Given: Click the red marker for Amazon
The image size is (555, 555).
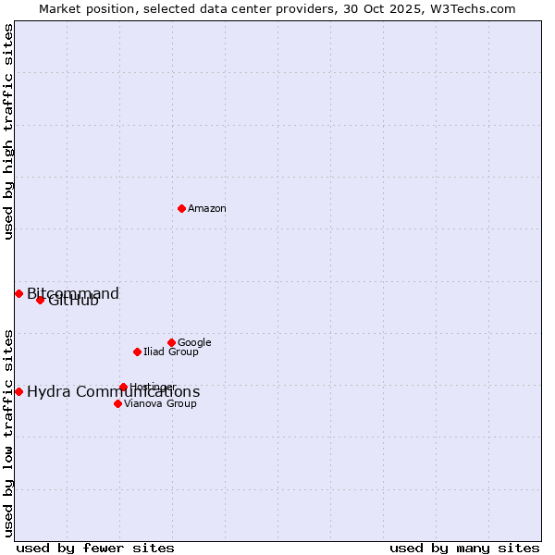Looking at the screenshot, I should coord(181,208).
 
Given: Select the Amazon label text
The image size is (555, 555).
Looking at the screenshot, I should coord(207,209).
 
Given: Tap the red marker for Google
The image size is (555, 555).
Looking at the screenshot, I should coord(171,342).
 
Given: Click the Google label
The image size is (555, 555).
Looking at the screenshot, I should coord(194,343).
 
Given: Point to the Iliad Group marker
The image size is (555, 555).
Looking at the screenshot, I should coord(137,351).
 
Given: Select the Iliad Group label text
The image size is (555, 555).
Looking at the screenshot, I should coord(171,352).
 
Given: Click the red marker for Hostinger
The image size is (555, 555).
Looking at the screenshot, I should coord(123,387).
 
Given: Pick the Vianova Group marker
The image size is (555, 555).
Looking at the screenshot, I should coord(117,403).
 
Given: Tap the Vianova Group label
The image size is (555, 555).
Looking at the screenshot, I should coord(160,404).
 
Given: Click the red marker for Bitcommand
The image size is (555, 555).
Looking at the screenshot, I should coord(18,293).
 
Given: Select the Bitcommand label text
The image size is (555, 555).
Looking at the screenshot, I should coord(73,294).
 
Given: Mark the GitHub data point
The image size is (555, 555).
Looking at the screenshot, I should coord(40,300).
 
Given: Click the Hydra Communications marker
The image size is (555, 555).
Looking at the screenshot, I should coord(18,391).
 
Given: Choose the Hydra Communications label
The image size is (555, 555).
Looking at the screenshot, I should coord(113,392).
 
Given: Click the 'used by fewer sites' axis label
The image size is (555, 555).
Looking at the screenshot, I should coord(95,548).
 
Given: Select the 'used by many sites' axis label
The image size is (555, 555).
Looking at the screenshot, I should coord(464,548).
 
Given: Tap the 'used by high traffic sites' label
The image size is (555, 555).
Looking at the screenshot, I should coord(8,131).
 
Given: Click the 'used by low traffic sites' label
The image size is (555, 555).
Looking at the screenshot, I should coord(8,432).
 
